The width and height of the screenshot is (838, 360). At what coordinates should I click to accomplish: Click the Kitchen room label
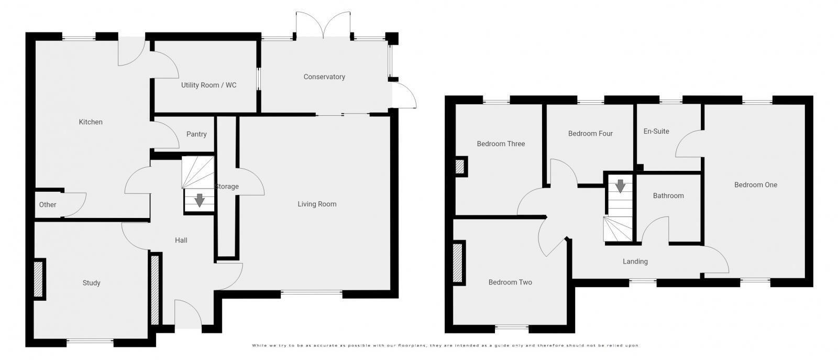pos(91,122)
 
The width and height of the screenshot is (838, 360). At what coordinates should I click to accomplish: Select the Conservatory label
pos(324,77)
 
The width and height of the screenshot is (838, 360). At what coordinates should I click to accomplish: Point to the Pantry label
pos(196,134)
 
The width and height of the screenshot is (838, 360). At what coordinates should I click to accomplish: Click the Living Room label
pos(317,204)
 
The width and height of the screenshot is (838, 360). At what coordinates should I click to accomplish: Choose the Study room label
pos(91,283)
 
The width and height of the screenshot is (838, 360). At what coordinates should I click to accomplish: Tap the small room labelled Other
pos(48,205)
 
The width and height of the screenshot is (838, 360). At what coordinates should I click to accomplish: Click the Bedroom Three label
pos(501,144)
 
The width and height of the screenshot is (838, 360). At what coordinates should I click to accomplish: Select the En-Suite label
pos(656,132)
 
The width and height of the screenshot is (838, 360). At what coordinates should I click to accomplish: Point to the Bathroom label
pos(668,196)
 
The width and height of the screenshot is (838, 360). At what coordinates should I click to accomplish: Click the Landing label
pos(635,261)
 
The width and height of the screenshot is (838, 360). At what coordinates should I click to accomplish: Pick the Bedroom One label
pos(755,185)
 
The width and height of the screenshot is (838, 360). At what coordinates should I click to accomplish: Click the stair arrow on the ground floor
pos(199,200)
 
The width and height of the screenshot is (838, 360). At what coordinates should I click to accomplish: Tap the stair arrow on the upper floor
pos(620,186)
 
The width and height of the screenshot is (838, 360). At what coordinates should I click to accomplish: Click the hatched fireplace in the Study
pos(39,280)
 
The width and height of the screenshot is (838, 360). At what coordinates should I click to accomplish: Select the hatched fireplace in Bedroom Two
pos(459,263)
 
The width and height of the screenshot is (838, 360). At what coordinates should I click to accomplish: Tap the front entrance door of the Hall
pos(188,314)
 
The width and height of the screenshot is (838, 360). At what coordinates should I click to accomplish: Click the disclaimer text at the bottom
pos(445,345)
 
